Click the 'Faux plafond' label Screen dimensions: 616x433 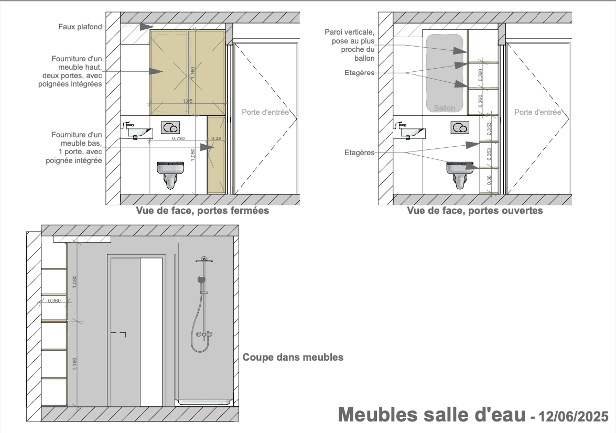pyautogui.click(x=80, y=27)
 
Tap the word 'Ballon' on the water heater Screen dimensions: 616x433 pyautogui.click(x=445, y=108)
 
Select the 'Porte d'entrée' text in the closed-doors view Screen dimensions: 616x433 pyautogui.click(x=265, y=112)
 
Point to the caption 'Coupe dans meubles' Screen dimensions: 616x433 pyautogui.click(x=293, y=357)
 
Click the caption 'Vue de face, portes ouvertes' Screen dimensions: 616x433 pyautogui.click(x=475, y=211)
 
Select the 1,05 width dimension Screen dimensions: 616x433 pyautogui.click(x=188, y=101)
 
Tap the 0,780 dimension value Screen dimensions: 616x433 pyautogui.click(x=178, y=138)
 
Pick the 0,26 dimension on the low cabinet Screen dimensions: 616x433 pyautogui.click(x=216, y=138)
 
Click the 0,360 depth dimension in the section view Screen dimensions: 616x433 pyautogui.click(x=54, y=300)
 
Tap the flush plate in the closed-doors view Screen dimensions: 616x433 pyautogui.click(x=170, y=127)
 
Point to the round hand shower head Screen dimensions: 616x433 pyautogui.click(x=202, y=279)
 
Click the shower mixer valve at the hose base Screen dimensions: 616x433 pyautogui.click(x=204, y=334)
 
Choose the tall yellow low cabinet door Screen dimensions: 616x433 pyautogui.click(x=216, y=155)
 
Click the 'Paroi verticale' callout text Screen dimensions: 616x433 pyautogui.click(x=350, y=45)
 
